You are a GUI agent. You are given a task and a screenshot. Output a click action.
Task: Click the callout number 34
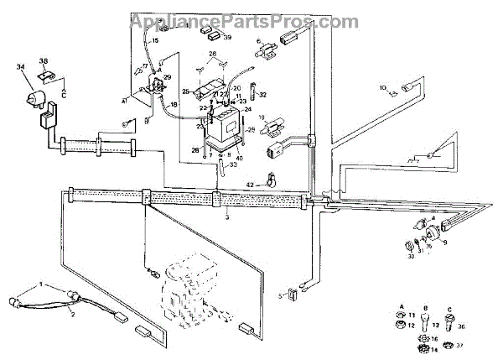pos(19,66)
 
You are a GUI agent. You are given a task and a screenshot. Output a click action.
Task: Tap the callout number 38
pos(44,60)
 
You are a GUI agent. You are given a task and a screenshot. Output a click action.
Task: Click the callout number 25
pos(186,91)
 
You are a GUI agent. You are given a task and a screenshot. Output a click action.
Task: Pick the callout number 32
pos(262,95)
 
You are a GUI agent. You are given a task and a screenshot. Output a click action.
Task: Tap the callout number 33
pos(234,168)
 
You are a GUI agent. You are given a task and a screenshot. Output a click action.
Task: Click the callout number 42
pos(249,183)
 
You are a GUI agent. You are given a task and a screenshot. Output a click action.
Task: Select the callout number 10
pos(382,87)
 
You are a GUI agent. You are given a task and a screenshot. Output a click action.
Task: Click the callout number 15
pos(155,40)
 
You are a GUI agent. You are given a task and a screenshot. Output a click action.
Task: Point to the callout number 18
pos(174,104)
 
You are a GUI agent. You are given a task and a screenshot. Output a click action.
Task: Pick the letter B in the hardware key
pos(426,308)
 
